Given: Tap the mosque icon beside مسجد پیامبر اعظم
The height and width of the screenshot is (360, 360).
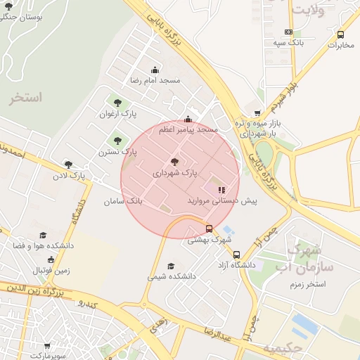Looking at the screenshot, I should tap(187, 120).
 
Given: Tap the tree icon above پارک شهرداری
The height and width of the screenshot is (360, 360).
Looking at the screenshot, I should tap(175, 162).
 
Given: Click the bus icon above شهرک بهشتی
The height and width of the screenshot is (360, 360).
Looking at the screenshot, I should tap(209, 229).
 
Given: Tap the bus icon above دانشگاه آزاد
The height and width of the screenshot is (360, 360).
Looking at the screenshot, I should tap(236, 255).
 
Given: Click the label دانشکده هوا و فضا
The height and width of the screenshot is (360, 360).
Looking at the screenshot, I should tap(43, 246).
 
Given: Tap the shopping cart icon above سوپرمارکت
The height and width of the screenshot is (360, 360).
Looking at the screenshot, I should tap(47, 346).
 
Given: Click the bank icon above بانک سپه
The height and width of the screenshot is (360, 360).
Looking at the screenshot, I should tap(288, 32).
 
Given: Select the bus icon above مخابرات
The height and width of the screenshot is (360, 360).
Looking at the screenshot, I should tap(341, 34).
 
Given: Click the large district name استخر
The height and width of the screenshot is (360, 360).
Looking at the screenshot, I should tap(27, 98).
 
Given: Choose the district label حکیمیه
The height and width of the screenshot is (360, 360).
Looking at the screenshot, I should tap(283, 348).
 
